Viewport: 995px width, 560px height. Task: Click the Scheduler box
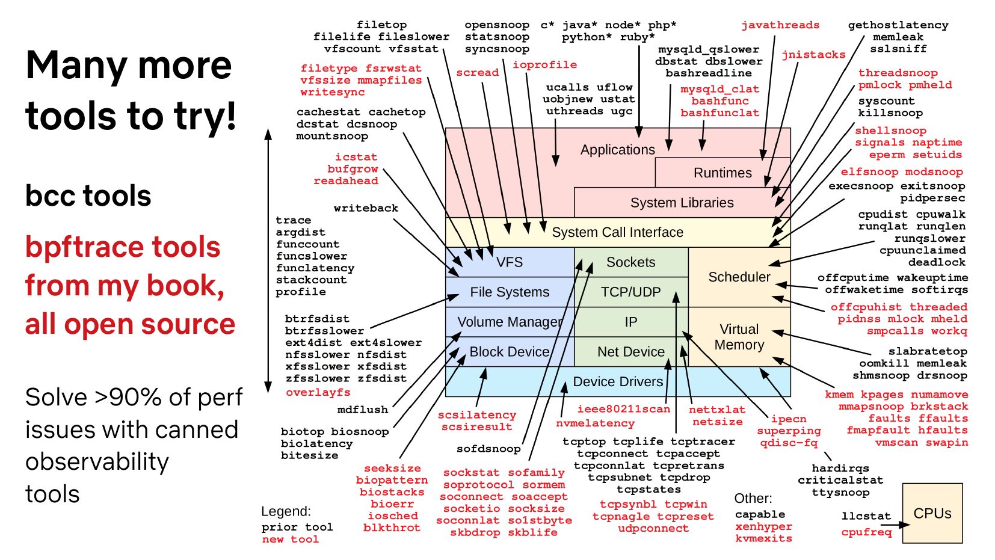pyautogui.click(x=739, y=277)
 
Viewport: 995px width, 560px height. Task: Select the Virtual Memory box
pyautogui.click(x=739, y=337)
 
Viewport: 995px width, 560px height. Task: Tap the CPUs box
pyautogui.click(x=932, y=513)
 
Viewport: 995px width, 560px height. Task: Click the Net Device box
pyautogui.click(x=630, y=352)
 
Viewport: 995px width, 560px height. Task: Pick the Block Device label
pyautogui.click(x=509, y=352)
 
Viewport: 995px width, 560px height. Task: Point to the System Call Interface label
pyautogui.click(x=617, y=232)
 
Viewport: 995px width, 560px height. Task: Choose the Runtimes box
pyautogui.click(x=722, y=173)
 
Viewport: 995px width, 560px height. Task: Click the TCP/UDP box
pyautogui.click(x=630, y=292)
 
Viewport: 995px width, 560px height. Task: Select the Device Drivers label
pyautogui.click(x=617, y=382)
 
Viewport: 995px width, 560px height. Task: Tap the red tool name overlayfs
pyautogui.click(x=318, y=392)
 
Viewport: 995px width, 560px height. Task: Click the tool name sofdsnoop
pyautogui.click(x=488, y=449)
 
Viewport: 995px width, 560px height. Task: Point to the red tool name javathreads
pyautogui.click(x=780, y=25)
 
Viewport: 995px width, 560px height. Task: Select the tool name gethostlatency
pyautogui.click(x=898, y=25)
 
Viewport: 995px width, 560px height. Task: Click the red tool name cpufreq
pyautogui.click(x=866, y=532)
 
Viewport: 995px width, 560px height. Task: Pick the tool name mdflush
pyautogui.click(x=362, y=410)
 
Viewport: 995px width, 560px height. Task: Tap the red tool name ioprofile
pyautogui.click(x=544, y=64)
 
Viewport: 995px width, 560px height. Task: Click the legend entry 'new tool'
pyautogui.click(x=290, y=540)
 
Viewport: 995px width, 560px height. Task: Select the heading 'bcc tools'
pyautogui.click(x=88, y=196)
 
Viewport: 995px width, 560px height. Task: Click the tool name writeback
pyautogui.click(x=366, y=208)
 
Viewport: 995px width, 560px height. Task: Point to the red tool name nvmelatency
pyautogui.click(x=595, y=423)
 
